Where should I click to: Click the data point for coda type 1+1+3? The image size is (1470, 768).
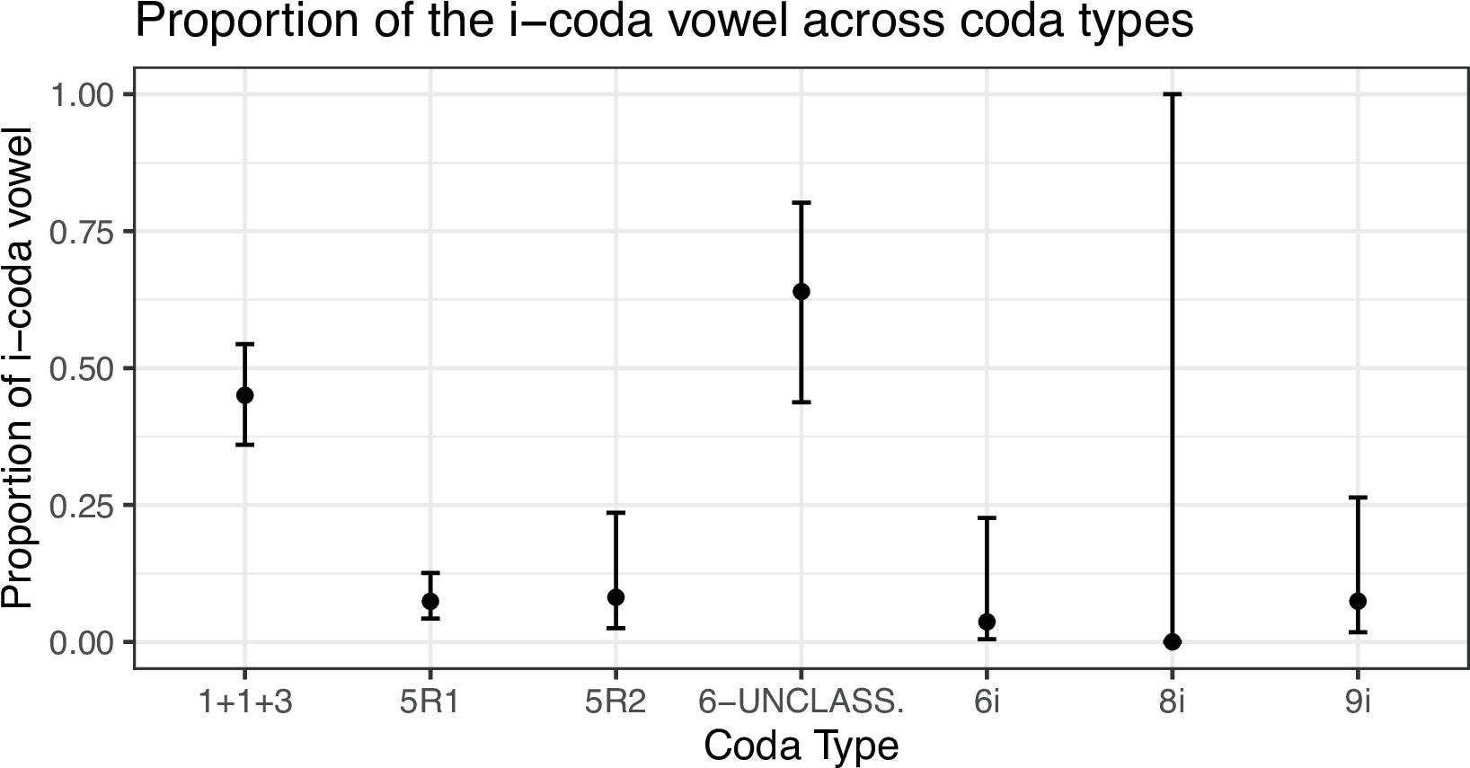pos(244,395)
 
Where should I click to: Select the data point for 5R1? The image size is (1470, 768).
pos(430,601)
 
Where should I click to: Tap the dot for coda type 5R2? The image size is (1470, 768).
pos(615,597)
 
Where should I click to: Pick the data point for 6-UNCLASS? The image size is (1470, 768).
pos(801,291)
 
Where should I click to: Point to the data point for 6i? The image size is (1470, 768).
pos(987,622)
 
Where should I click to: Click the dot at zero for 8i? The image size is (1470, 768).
pos(1172,641)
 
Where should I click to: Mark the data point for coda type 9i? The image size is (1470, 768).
pos(1358,601)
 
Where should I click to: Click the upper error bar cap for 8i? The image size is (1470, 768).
pos(1172,93)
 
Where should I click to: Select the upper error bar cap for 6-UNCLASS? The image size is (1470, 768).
pos(801,203)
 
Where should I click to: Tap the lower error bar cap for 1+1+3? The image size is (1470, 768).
pos(244,445)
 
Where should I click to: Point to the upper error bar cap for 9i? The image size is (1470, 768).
pos(1358,497)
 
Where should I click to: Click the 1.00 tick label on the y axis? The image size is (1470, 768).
pos(82,94)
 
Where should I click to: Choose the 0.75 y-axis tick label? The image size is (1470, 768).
pos(82,232)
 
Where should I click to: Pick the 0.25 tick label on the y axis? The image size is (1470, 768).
pos(82,506)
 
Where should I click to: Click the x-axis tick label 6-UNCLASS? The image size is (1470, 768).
pos(801,703)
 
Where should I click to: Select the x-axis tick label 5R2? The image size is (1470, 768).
pos(615,703)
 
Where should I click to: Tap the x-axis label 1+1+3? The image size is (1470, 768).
pos(244,703)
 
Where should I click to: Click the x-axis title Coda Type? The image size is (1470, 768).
pos(801,746)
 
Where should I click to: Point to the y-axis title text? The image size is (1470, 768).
pos(18,368)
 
